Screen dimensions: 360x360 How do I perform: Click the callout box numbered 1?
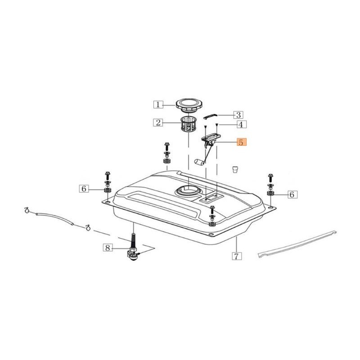(158, 105)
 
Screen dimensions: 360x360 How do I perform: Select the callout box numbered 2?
(158, 122)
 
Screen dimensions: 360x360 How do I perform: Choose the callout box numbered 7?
(237, 256)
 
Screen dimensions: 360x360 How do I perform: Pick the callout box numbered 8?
(107, 247)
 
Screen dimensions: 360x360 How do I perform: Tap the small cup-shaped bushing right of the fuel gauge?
(234, 170)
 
